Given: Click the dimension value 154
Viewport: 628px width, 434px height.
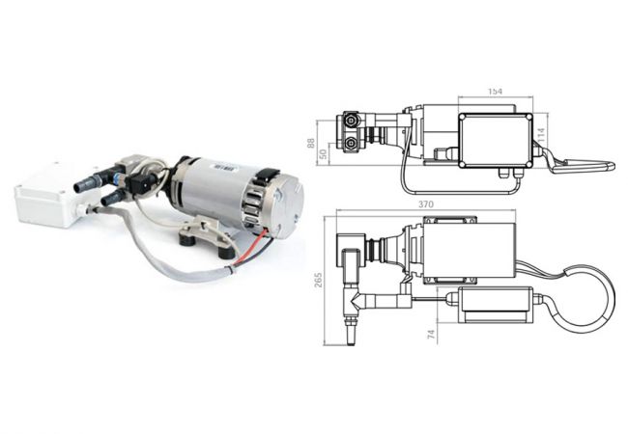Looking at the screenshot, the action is coord(495,92).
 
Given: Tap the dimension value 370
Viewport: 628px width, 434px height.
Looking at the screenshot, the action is coord(426,204).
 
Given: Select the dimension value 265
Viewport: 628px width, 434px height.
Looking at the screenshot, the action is coord(318,281).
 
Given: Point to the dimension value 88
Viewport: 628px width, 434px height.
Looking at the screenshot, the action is coord(311,143).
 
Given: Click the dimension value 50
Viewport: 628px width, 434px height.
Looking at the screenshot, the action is coord(324,153).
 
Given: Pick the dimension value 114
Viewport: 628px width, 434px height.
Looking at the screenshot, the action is coord(542,136).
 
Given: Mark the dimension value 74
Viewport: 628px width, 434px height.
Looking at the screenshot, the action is coord(431,335).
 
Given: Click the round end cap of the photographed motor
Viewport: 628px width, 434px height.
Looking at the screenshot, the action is coord(288,206).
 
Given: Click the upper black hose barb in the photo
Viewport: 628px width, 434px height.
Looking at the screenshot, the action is coord(88,182).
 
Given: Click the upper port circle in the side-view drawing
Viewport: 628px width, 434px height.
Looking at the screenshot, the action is coord(352,120).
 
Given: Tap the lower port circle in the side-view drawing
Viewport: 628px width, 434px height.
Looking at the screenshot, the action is coord(352,143).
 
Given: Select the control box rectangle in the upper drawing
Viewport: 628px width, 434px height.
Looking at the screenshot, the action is coord(496,140).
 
